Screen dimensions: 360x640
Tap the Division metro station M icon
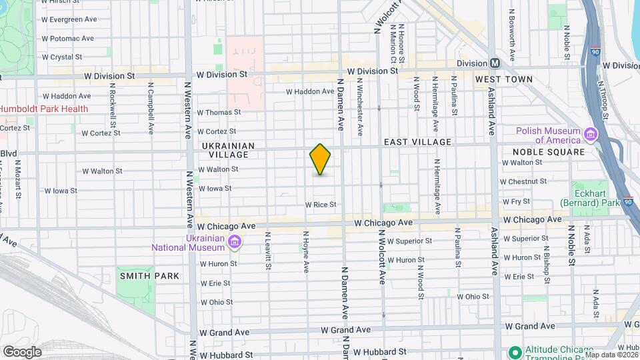495,63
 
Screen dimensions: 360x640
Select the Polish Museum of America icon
590,135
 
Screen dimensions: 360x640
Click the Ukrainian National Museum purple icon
235,241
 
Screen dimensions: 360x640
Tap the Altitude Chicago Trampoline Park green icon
514,351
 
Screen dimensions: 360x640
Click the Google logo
22,352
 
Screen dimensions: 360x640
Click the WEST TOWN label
503,79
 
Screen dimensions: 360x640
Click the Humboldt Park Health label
44,109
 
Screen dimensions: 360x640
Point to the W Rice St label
321,205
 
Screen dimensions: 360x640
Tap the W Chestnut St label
523,181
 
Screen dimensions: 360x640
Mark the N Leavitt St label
269,250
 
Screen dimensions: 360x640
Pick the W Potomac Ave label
69,39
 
